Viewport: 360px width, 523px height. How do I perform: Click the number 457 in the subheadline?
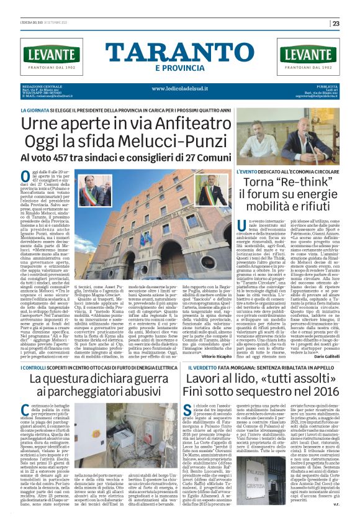coord(65,159)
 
